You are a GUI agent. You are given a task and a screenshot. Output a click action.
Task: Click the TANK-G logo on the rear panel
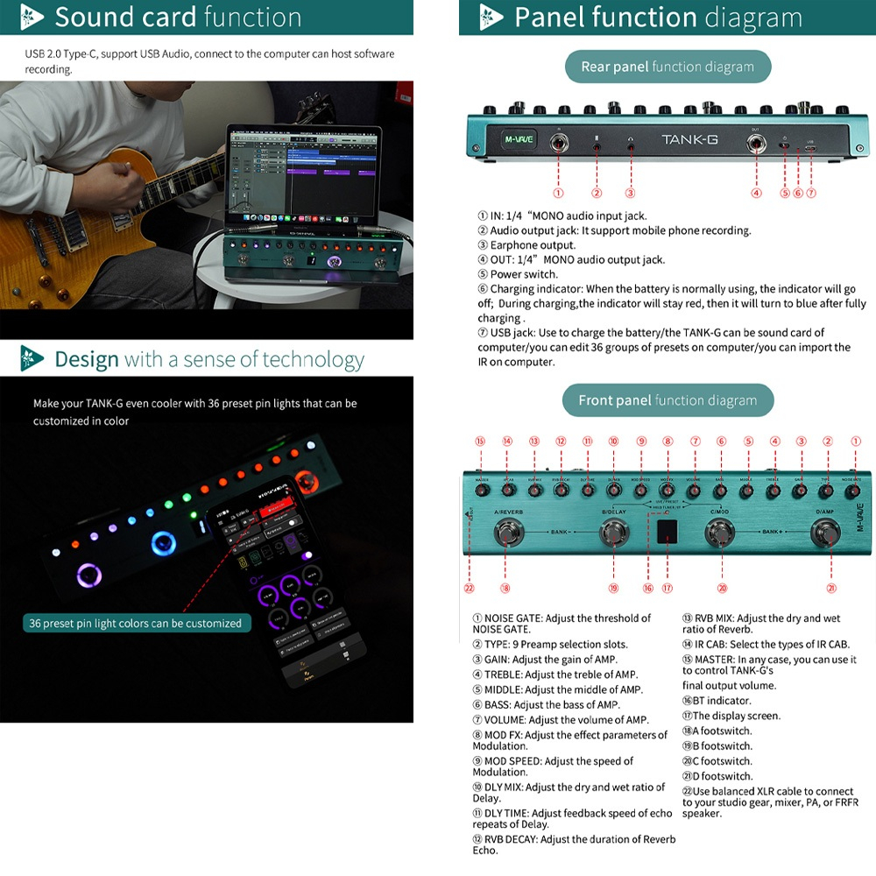coord(689,139)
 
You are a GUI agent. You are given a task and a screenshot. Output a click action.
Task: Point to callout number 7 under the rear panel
coord(811,193)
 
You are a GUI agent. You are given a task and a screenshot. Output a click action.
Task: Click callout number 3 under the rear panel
coord(630,193)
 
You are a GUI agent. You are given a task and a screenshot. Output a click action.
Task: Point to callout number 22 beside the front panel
coord(470,589)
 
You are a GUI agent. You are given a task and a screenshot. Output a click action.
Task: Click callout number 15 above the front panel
coord(480,442)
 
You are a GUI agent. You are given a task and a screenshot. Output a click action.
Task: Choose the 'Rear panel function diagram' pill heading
coord(667,67)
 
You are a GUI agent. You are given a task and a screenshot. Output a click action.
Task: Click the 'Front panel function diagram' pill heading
coord(667,400)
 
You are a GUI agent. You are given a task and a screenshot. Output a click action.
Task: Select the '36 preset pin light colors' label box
coord(136,623)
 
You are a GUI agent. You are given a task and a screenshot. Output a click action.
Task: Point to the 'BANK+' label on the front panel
coord(773,532)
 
